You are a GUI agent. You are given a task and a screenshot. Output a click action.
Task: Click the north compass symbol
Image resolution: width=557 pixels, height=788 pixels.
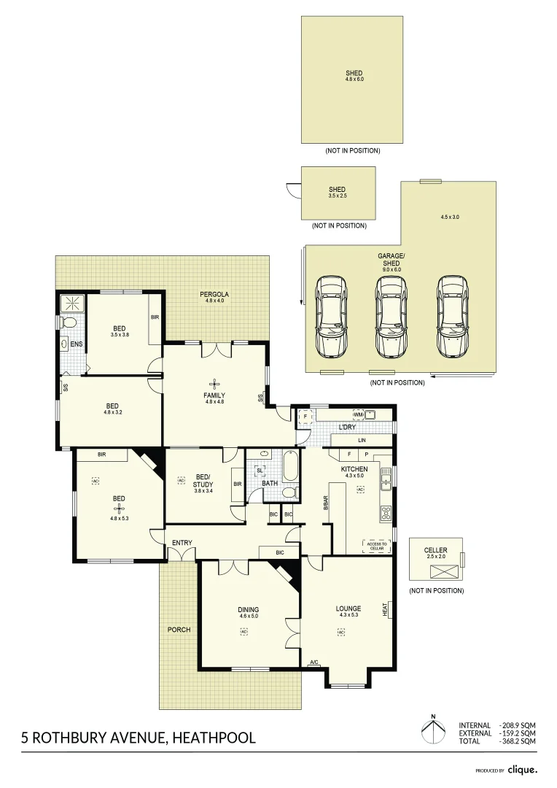tap(433, 731)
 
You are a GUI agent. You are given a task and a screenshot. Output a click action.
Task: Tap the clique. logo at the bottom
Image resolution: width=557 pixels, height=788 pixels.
tap(523, 769)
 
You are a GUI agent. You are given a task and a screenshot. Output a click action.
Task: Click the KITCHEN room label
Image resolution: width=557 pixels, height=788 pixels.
tap(354, 468)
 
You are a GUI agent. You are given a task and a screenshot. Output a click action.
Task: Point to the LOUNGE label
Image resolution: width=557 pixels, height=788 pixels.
tap(348, 609)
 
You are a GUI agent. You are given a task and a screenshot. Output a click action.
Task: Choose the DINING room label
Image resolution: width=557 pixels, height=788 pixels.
tap(249, 609)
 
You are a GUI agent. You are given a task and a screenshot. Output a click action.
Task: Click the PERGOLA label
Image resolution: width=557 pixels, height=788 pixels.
tap(217, 295)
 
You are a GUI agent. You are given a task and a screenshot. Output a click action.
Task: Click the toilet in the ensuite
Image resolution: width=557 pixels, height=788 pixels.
tap(70, 322)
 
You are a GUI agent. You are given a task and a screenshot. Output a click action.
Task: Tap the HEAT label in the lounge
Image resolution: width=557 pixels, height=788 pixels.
tap(385, 609)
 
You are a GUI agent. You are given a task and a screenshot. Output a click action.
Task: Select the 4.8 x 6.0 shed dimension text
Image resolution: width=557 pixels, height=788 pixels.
tap(354, 79)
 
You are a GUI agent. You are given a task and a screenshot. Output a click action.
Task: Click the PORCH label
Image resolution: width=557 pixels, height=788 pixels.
tap(179, 629)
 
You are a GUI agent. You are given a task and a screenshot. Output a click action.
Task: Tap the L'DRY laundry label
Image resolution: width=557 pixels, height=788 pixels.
tap(347, 427)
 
